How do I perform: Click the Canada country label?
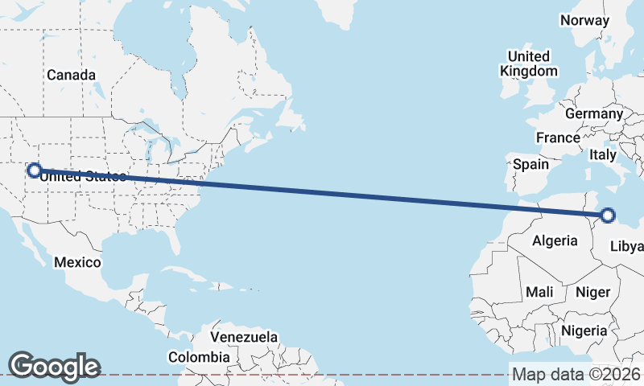pyautogui.click(x=71, y=75)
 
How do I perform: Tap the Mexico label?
pyautogui.click(x=77, y=262)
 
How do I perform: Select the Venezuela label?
pyautogui.click(x=245, y=336)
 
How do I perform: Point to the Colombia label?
pyautogui.click(x=199, y=356)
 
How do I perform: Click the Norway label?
pyautogui.click(x=584, y=20)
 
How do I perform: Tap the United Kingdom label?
pyautogui.click(x=528, y=64)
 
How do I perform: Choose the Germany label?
pyautogui.click(x=594, y=113)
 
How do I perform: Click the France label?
pyautogui.click(x=558, y=138)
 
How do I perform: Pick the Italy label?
pyautogui.click(x=602, y=154)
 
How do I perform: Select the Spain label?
pyautogui.click(x=530, y=164)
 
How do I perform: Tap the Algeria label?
pyautogui.click(x=555, y=240)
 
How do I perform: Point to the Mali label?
pyautogui.click(x=539, y=292)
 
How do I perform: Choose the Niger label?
pyautogui.click(x=593, y=292)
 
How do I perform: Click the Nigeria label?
pyautogui.click(x=584, y=331)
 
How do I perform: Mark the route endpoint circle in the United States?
pyautogui.click(x=35, y=170)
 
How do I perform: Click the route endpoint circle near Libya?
pyautogui.click(x=608, y=216)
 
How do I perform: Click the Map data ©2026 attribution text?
pyautogui.click(x=576, y=375)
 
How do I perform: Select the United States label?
pyautogui.click(x=83, y=177)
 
